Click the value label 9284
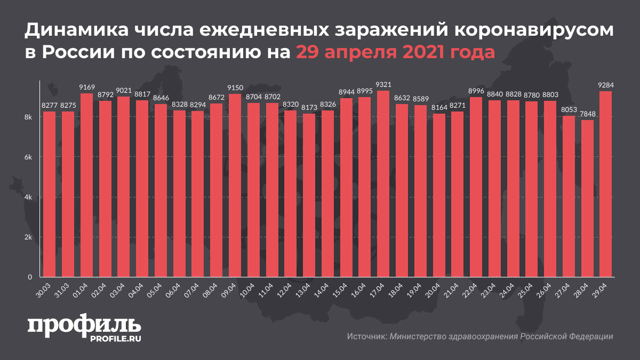(605, 85)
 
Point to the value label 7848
(587, 114)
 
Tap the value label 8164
(438, 108)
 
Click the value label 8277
(49, 106)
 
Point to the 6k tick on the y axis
(29, 157)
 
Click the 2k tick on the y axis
(29, 237)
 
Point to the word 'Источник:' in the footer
(366, 337)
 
